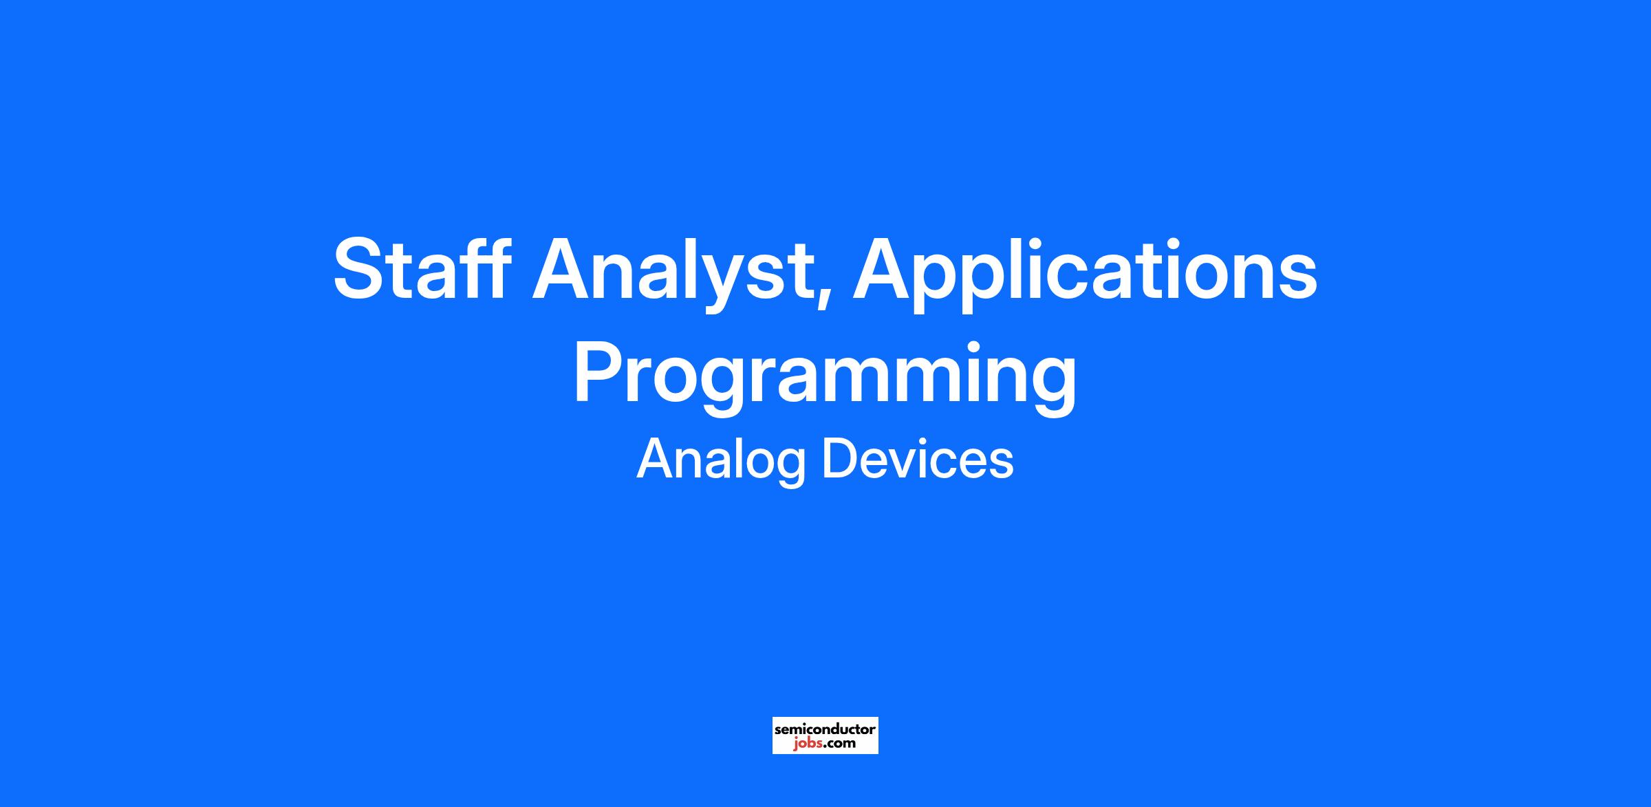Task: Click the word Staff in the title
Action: click(422, 270)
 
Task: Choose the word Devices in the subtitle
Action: click(918, 459)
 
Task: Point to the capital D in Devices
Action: click(840, 459)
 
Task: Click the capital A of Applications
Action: click(883, 269)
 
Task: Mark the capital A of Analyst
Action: click(561, 269)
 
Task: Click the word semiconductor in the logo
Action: click(825, 729)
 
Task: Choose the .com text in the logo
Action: click(839, 744)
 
